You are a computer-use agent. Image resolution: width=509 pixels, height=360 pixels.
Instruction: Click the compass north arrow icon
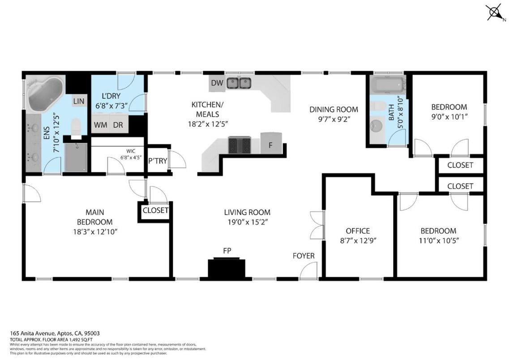pyautogui.click(x=494, y=13)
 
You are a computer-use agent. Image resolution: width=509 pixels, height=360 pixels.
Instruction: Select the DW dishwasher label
pyautogui.click(x=217, y=83)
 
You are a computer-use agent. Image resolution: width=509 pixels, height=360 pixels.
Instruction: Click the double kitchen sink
pyautogui.click(x=238, y=83)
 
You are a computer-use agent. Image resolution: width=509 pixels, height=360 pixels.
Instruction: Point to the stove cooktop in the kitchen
pyautogui.click(x=240, y=145)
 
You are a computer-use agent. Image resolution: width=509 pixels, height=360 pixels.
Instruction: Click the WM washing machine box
pyautogui.click(x=100, y=125)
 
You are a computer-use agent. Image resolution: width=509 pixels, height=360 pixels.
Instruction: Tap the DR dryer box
pyautogui.click(x=118, y=125)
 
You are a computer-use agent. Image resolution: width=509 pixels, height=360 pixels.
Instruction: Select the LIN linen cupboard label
pyautogui.click(x=79, y=101)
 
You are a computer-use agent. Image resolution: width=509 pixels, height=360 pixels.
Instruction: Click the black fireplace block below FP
pyautogui.click(x=227, y=268)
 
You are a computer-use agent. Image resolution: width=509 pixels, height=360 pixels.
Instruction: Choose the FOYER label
pyautogui.click(x=304, y=256)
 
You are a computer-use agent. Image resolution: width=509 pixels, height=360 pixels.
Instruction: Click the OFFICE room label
pyautogui.click(x=358, y=231)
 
